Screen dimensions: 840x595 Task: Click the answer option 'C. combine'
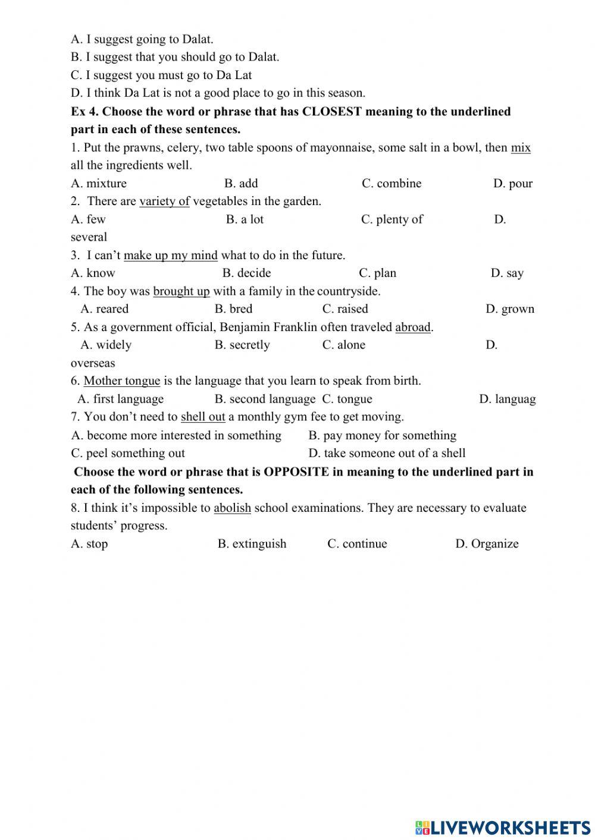coord(392,184)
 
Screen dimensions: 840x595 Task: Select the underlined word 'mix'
coord(521,148)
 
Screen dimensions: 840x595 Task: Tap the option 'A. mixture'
coord(99,184)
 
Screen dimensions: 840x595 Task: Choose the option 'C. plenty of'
coord(392,219)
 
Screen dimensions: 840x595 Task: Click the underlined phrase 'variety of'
coord(164,202)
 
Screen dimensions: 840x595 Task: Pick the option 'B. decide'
coord(246,273)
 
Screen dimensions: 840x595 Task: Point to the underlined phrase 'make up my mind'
coord(171,256)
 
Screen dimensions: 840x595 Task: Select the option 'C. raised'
coord(345,309)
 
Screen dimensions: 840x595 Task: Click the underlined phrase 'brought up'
coord(181,291)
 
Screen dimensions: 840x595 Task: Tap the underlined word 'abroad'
coord(413,327)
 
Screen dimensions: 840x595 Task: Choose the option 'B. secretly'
coord(242,345)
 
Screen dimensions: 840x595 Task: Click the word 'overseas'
coord(93,363)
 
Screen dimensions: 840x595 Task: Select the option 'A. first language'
coord(121,399)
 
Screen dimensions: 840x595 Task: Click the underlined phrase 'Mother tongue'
coord(122,381)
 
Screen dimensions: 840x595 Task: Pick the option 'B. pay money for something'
coord(383,436)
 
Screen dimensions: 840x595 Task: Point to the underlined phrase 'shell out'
coord(203,417)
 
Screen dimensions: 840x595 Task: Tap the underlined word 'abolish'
coord(232,508)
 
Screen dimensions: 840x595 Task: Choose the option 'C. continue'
coord(357,544)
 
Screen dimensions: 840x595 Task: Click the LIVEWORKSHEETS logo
coord(503,827)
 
